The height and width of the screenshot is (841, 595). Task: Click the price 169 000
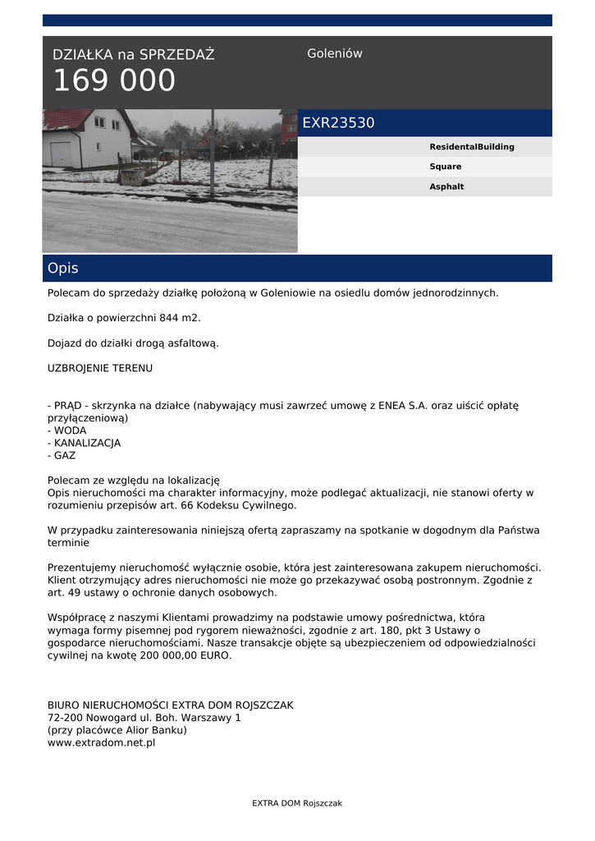114,81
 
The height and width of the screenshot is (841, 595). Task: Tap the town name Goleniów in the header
335,53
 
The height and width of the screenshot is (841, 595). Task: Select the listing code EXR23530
338,123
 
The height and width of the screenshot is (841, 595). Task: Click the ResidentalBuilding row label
472,147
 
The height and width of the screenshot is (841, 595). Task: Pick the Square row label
446,167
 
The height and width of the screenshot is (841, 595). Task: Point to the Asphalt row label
446,186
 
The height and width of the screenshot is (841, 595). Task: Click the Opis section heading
63,269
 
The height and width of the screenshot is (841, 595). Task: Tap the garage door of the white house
62,154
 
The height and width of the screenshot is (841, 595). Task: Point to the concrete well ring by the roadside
130,173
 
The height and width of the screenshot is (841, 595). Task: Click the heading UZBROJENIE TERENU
100,368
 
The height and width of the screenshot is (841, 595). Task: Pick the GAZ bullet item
65,455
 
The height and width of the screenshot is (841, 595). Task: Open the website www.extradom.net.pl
102,742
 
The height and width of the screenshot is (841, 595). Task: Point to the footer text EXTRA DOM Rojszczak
297,803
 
